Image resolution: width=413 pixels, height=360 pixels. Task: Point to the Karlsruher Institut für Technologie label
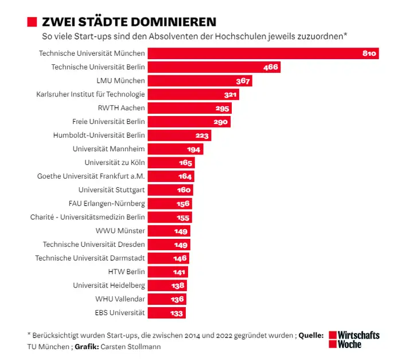coord(91,94)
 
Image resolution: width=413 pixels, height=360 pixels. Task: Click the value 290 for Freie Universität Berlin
coord(221,122)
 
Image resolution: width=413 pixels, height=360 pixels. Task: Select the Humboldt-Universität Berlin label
coord(99,136)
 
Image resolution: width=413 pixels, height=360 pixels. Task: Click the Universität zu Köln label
coord(114,162)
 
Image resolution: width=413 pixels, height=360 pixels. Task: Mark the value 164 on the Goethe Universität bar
coord(185,176)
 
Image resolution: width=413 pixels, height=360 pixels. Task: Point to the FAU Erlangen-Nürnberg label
coord(107,203)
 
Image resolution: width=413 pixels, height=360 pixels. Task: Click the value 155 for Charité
coord(184,218)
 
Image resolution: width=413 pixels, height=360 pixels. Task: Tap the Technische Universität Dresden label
coord(93,245)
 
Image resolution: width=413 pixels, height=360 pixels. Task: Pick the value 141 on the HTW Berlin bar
coord(180,272)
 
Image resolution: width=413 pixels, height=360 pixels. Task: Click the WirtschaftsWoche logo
coord(354,339)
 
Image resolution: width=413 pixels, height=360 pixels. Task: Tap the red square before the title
coord(33,22)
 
